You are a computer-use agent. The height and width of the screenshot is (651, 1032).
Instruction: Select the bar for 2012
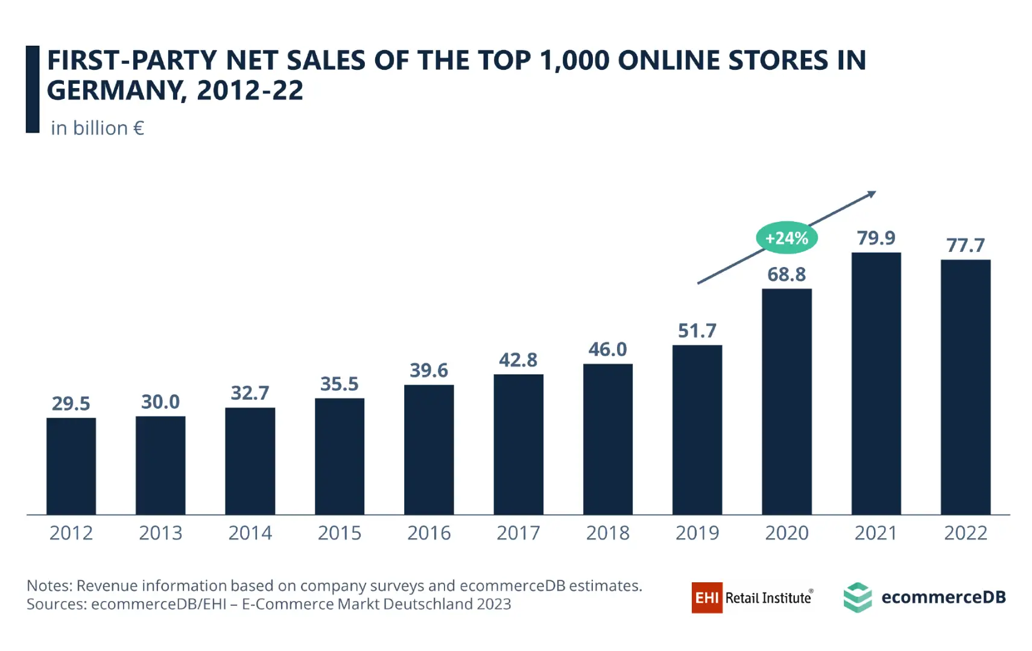[x=71, y=466]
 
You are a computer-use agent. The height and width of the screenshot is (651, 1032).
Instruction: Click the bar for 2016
[x=429, y=450]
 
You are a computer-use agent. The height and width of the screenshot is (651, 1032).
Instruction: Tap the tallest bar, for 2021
[x=876, y=383]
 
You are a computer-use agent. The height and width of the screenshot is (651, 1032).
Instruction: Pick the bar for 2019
[x=697, y=430]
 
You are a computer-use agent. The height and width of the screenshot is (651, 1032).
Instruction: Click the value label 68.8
[x=786, y=275]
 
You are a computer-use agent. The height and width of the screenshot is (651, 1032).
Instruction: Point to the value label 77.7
[x=965, y=245]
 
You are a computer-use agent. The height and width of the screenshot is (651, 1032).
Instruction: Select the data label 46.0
[x=607, y=350]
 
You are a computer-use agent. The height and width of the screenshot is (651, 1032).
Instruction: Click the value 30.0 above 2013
[x=160, y=402]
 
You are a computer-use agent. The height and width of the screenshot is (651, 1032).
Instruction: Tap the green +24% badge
[x=786, y=238]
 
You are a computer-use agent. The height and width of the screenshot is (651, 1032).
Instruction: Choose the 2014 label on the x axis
[x=250, y=533]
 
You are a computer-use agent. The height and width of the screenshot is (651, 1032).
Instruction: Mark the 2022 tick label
[x=965, y=533]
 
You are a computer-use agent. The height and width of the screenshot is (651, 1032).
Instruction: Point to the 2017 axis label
[x=518, y=533]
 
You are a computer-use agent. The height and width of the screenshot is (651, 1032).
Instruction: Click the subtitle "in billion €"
[x=97, y=128]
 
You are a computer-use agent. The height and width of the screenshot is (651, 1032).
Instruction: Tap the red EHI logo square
[x=706, y=597]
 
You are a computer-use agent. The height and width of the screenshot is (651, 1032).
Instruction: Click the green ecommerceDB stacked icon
[x=857, y=597]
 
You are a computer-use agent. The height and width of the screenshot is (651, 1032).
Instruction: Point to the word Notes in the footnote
[x=49, y=586]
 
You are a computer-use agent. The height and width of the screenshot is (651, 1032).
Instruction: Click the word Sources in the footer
[x=56, y=605]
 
